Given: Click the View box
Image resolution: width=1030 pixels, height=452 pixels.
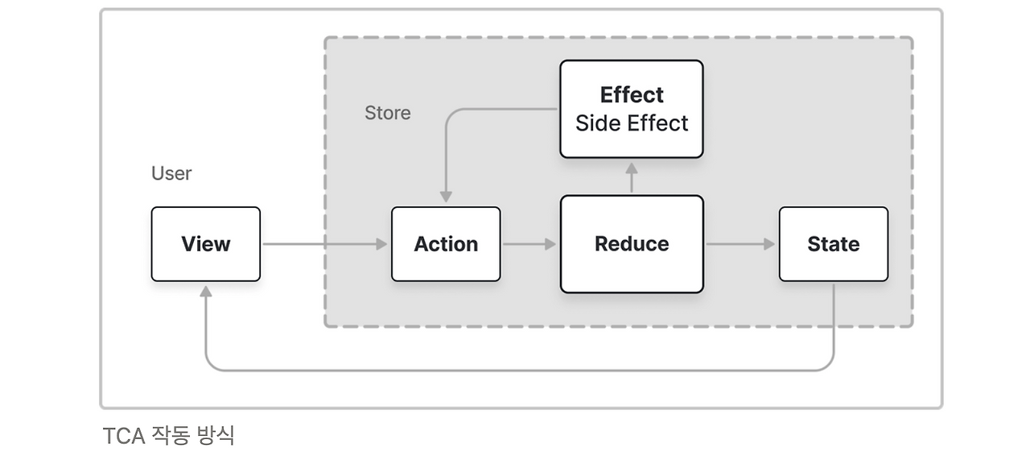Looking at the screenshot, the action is tap(205, 244).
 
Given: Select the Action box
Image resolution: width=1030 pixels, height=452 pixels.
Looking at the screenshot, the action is tap(446, 244).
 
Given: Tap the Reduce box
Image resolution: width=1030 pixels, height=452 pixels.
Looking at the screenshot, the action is tap(632, 244).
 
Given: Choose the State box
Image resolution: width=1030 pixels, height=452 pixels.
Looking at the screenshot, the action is tap(833, 244).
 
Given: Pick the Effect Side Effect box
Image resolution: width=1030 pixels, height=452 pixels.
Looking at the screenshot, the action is tap(632, 109).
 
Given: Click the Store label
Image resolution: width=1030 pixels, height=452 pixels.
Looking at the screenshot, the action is tap(388, 113).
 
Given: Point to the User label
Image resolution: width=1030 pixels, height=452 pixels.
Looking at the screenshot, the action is tap(171, 173).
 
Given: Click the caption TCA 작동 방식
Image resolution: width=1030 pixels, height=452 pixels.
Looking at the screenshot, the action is tap(168, 435).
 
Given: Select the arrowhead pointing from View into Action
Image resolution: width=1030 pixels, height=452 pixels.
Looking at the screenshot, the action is tap(381, 244).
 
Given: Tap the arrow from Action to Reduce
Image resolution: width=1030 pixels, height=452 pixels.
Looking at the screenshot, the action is tap(529, 244).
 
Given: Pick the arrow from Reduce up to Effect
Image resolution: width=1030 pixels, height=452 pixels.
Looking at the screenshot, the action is tap(632, 177).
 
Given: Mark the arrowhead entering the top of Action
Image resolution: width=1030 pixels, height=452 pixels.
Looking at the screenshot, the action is tap(446, 197).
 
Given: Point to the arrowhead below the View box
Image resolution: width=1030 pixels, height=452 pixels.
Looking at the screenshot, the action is tap(205, 291).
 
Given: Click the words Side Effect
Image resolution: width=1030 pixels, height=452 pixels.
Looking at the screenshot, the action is tap(632, 123).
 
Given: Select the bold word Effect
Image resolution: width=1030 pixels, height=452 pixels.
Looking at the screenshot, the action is tap(632, 95).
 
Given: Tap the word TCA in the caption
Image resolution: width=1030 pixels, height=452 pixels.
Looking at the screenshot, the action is tap(124, 436).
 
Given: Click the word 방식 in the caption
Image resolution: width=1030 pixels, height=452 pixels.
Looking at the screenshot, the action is tap(216, 435).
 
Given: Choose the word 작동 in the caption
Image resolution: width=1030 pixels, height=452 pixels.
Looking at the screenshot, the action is tap(171, 435).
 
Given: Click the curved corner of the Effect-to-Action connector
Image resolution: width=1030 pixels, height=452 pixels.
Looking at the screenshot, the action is tap(451, 114).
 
